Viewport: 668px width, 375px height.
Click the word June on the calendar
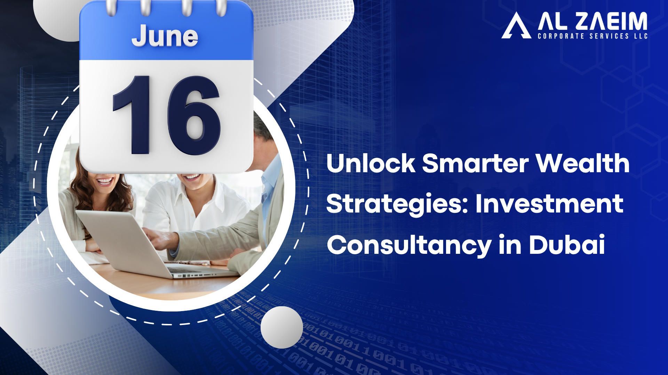tap(165, 36)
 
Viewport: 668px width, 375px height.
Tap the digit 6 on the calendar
tap(194, 115)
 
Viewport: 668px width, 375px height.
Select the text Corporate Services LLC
tap(593, 36)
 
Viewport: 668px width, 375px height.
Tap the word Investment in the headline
tap(549, 203)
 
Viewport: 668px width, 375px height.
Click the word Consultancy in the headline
tap(409, 245)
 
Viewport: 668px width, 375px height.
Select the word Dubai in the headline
tap(567, 244)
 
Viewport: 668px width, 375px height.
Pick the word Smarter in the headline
tap(475, 163)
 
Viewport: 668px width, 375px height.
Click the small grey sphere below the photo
tap(282, 327)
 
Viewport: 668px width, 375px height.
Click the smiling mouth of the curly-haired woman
tap(104, 181)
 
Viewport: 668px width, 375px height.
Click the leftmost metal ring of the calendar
tap(111, 8)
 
